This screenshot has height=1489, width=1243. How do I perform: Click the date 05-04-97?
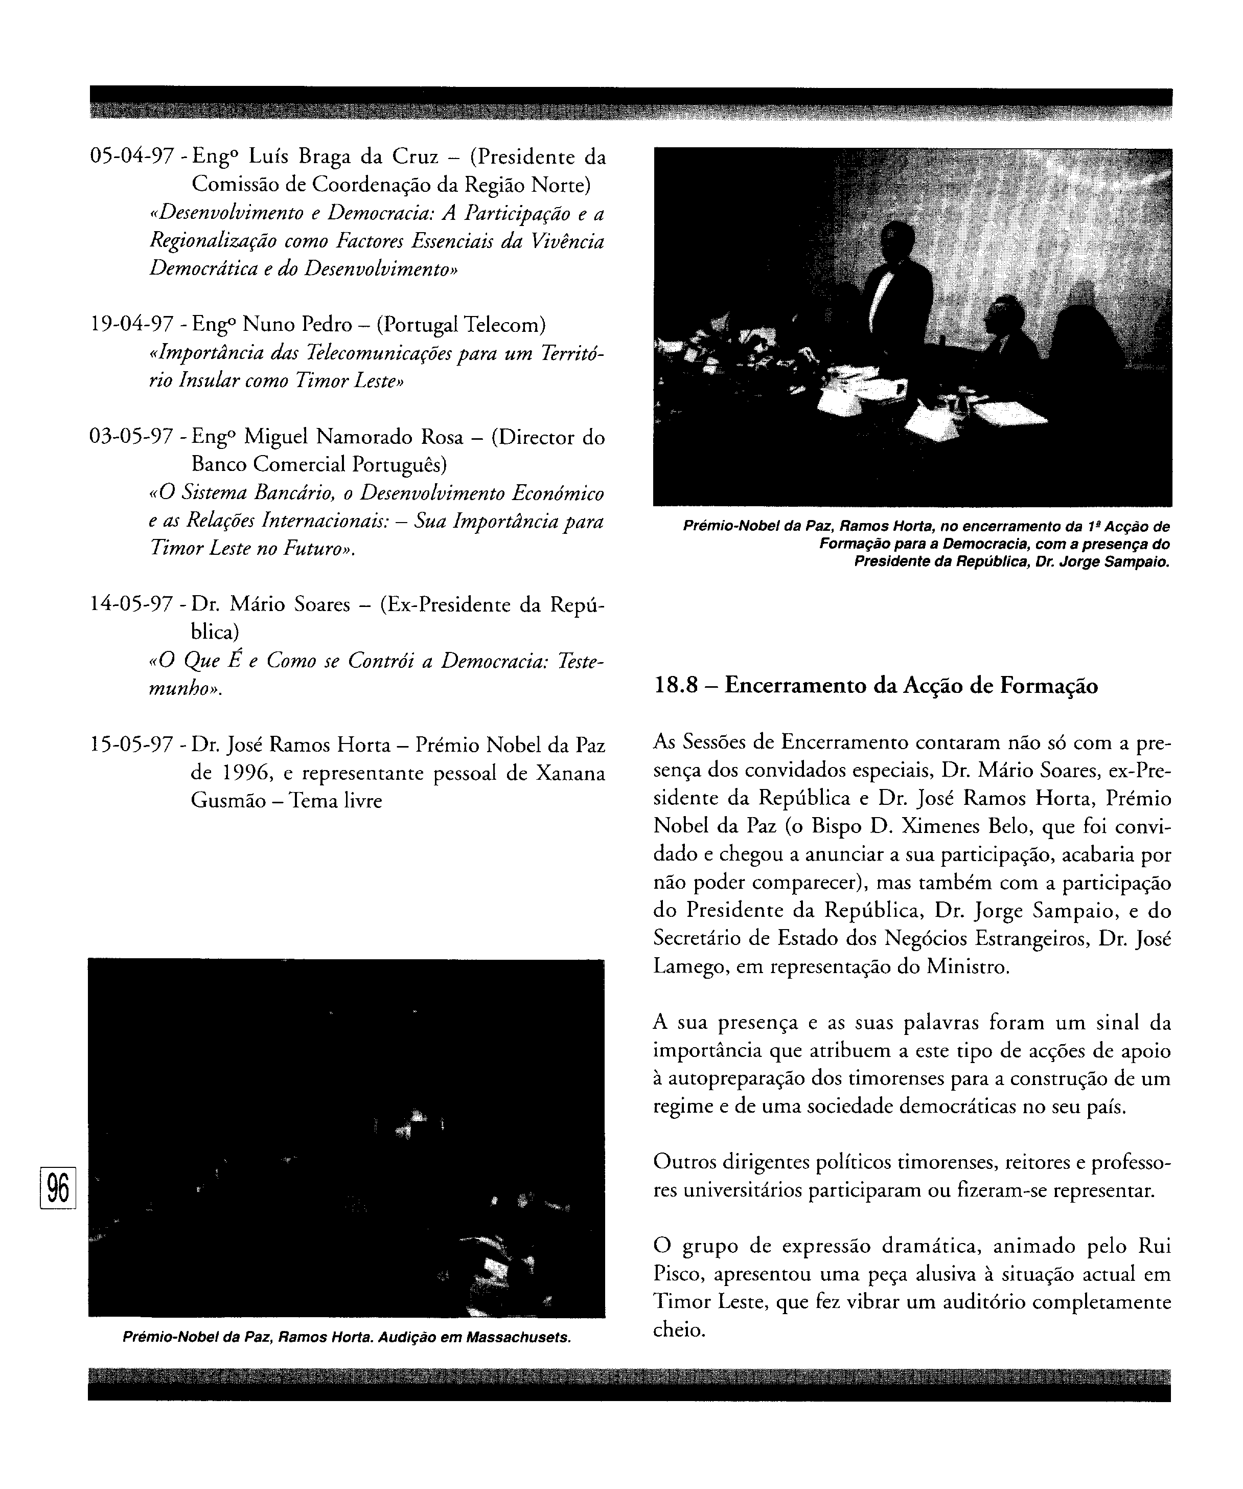(x=132, y=156)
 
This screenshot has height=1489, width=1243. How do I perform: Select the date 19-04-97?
(x=132, y=325)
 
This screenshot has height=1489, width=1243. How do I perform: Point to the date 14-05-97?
(x=132, y=605)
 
